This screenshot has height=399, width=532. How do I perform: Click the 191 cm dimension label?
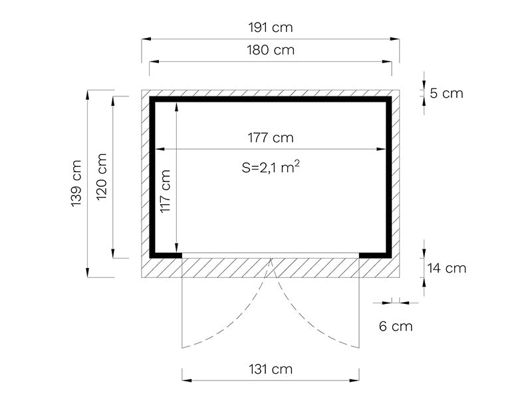coord(270,28)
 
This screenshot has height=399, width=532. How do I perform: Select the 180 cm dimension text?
coord(270,50)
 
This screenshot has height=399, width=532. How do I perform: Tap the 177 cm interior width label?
coord(270,138)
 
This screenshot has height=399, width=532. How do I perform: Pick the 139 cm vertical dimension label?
coord(76,184)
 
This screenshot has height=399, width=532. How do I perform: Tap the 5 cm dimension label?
coord(446,93)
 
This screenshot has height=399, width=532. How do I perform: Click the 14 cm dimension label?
coord(446,269)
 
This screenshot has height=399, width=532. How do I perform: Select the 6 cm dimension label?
coord(395,326)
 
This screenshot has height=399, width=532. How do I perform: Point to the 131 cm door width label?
coord(270,369)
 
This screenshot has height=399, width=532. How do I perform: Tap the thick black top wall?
coord(270,100)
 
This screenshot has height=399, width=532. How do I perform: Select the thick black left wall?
coord(152,177)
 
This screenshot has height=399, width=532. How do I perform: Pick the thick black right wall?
coord(388,177)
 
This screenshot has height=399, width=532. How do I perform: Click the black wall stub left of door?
coord(166,254)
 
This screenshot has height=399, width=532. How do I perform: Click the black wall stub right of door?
coord(374,254)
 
